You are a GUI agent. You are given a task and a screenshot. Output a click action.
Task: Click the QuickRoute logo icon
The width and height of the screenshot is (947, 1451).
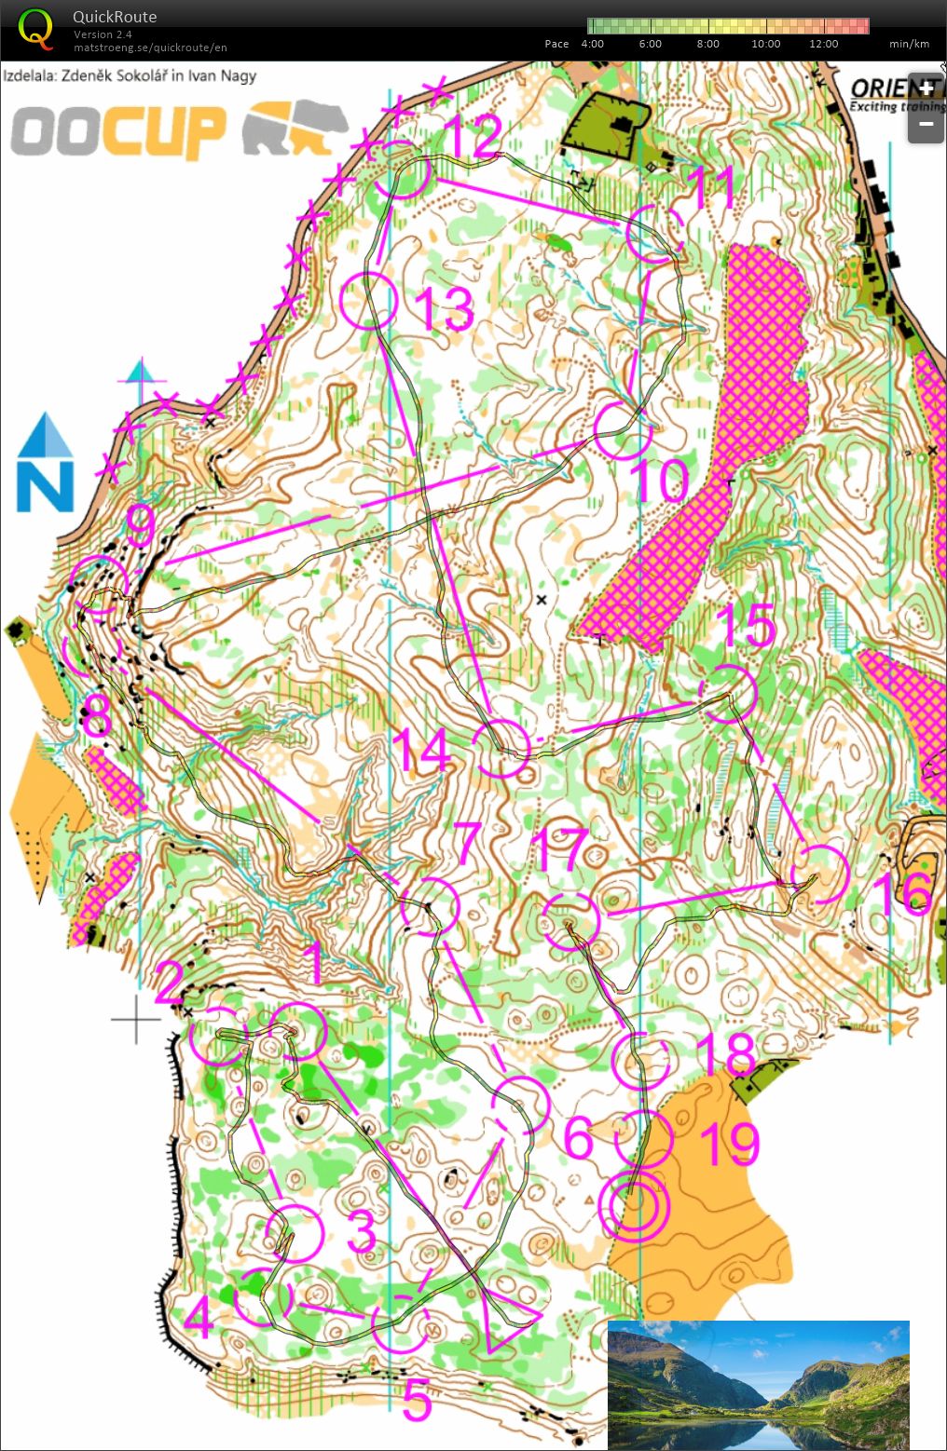point(35,28)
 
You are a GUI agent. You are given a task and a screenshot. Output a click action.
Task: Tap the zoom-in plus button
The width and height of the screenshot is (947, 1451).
point(926,89)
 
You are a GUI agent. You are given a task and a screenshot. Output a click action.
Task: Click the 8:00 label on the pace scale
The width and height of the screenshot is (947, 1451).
point(707,44)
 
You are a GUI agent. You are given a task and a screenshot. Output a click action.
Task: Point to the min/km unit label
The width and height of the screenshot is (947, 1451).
point(909,44)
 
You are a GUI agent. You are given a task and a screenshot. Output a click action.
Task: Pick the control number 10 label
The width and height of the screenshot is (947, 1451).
point(660,480)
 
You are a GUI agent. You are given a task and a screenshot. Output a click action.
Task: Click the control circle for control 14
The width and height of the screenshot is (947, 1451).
point(501,748)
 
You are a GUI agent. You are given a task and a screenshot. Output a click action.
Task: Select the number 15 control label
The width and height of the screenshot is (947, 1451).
point(746,626)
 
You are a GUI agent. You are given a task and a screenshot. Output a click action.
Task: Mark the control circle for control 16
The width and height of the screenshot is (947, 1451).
point(819,875)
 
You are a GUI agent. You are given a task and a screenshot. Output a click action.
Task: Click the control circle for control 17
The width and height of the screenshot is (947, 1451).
point(570,921)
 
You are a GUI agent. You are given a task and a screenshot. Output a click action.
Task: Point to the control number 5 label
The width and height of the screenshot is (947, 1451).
point(418,1399)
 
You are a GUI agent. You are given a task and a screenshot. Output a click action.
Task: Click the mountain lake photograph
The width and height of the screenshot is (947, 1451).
point(758,1384)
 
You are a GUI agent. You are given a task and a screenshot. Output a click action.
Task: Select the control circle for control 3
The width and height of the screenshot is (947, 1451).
point(294,1232)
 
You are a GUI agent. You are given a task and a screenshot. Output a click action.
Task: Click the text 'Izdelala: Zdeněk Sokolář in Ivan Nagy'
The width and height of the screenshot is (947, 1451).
point(130,75)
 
